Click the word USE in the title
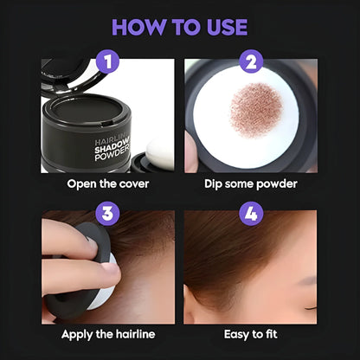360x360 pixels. tap(222, 26)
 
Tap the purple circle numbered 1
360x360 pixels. tap(108, 62)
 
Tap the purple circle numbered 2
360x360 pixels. tap(251, 62)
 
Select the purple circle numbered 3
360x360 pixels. tap(108, 213)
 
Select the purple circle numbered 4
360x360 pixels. tap(251, 213)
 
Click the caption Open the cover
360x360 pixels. tap(107, 183)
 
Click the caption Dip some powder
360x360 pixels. tap(251, 183)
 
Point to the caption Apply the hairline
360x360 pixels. tap(107, 333)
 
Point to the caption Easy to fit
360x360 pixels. tap(251, 333)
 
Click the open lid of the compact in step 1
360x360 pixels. tap(69, 74)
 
